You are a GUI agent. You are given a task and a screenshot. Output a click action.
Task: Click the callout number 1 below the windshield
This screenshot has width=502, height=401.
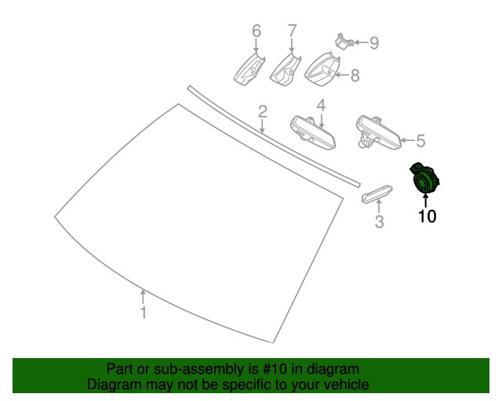point(144,312)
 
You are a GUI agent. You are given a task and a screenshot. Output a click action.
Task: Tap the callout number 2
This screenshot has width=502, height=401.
point(263,111)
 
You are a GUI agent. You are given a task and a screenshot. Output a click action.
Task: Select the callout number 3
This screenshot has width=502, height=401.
point(379,222)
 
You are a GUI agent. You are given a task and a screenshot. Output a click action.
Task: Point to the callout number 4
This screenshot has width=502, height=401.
point(321,105)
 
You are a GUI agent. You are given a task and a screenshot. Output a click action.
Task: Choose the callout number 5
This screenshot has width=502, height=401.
point(420,141)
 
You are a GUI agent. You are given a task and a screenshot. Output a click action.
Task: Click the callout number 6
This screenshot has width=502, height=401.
point(256,31)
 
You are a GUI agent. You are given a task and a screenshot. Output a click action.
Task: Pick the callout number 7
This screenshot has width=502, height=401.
point(293,31)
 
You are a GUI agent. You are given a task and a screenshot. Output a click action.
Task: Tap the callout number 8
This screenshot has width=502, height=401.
point(355,75)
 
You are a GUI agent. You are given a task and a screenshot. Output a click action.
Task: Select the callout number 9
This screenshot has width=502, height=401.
point(374,42)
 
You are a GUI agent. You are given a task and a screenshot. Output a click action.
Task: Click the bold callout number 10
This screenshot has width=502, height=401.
point(427,216)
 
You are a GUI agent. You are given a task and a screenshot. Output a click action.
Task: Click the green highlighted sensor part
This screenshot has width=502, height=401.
point(425,179)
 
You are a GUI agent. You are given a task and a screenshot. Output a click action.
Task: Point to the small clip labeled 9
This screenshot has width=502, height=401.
point(344,42)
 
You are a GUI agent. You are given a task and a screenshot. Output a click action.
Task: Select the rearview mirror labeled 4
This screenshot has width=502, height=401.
point(313,132)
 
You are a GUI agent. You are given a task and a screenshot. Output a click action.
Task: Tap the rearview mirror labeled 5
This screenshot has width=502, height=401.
point(378,132)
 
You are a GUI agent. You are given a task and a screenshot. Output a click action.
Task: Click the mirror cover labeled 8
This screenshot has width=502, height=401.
point(322,70)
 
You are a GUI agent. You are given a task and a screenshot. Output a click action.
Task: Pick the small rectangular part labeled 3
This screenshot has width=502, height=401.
point(376,193)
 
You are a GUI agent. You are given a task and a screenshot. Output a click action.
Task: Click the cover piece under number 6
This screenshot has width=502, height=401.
point(249,70)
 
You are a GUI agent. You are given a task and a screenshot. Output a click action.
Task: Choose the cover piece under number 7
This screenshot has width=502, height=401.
point(286,70)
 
